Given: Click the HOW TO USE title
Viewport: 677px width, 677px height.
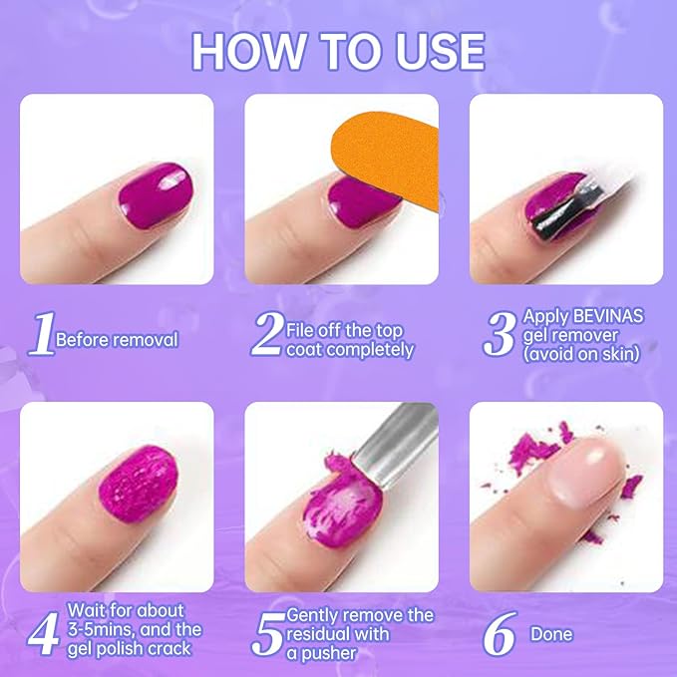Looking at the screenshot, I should [338, 50].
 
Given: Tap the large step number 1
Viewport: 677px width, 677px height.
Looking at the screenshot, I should [40, 337].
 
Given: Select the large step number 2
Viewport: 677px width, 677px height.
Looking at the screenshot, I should [266, 336].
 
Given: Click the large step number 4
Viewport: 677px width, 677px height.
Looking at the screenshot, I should [43, 630].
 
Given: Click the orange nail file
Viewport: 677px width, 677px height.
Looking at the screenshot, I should [384, 151].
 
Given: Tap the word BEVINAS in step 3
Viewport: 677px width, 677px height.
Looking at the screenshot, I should [610, 316].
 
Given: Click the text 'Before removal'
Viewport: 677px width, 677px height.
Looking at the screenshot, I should [117, 340].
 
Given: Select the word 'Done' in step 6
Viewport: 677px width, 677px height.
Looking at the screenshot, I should [551, 634].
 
